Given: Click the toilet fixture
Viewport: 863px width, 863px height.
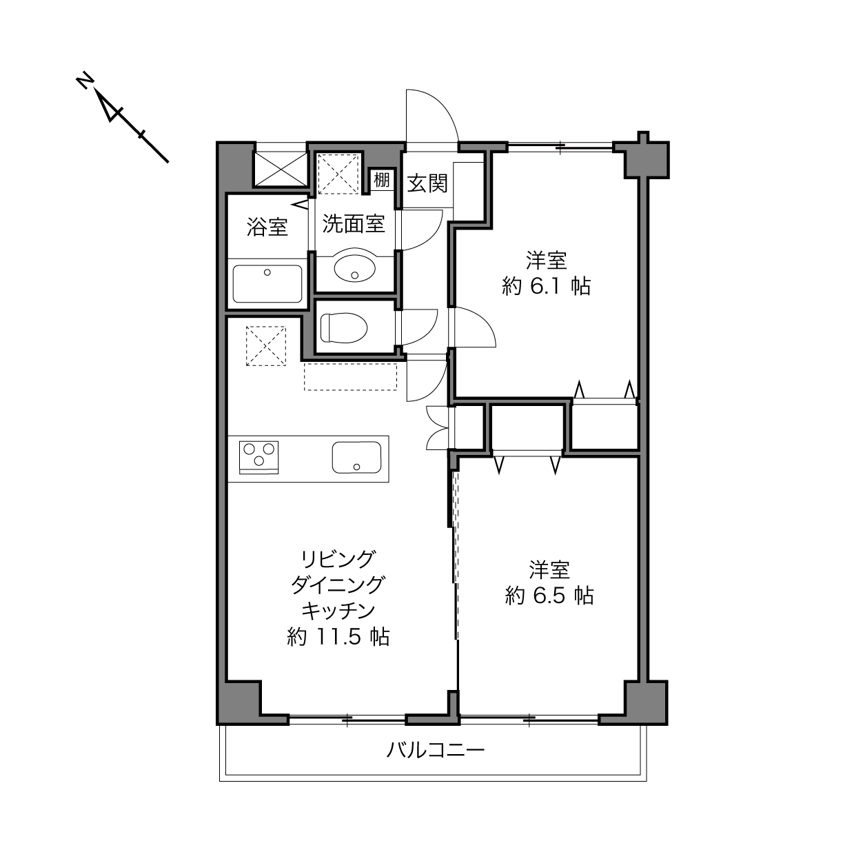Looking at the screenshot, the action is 343,328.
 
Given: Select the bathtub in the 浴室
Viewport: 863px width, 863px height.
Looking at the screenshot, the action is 267,283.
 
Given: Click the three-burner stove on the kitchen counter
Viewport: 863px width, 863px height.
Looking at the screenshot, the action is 259,457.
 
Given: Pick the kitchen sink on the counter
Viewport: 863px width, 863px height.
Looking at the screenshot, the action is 356,457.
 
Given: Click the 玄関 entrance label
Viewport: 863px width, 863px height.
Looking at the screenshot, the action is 427,183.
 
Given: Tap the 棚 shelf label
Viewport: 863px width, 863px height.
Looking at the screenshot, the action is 382,180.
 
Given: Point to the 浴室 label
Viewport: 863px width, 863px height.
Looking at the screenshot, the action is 267,227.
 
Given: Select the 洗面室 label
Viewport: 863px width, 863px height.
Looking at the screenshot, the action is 354,224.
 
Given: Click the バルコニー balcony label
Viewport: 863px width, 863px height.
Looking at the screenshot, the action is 436,750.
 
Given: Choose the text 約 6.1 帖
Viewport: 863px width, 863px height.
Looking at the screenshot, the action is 547,286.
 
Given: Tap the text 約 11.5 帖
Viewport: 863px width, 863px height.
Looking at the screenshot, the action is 338,636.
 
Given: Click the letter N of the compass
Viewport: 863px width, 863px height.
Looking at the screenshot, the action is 84,81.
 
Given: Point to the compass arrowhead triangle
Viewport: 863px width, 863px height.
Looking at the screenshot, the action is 110,108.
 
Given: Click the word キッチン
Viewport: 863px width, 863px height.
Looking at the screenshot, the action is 338,611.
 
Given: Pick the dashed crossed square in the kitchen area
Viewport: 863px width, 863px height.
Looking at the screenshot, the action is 266,346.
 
